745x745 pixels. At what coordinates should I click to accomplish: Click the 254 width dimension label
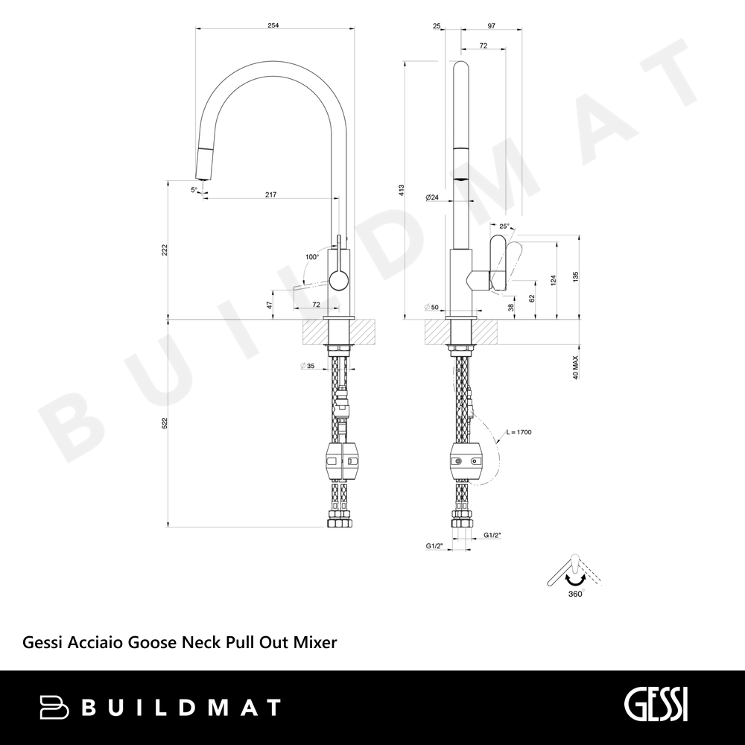tap(273, 25)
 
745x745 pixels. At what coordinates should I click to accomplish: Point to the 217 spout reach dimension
tap(271, 194)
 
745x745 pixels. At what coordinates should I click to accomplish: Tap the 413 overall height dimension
tap(401, 190)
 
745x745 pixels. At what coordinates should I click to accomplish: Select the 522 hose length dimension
tap(165, 423)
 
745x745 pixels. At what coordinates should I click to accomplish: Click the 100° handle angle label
tap(312, 257)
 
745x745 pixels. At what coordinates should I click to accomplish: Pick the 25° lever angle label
tap(504, 226)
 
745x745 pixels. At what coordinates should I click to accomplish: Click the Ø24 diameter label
tap(432, 197)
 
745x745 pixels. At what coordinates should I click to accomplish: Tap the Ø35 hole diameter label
tap(308, 366)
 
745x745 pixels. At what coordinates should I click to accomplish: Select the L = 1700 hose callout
tap(519, 432)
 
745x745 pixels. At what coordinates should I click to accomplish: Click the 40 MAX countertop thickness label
tap(576, 367)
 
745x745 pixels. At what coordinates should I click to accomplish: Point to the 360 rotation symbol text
tap(575, 595)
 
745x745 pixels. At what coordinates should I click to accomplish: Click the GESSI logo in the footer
tap(656, 705)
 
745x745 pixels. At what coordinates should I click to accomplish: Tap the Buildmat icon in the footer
tap(54, 707)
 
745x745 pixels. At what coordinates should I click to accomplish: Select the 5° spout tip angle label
tap(194, 189)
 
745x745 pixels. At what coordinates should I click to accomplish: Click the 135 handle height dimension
tap(576, 276)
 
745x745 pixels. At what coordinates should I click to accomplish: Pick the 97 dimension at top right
tap(491, 25)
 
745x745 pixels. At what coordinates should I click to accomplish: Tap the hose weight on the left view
tap(342, 461)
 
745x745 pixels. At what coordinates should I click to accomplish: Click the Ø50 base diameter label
tap(432, 308)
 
